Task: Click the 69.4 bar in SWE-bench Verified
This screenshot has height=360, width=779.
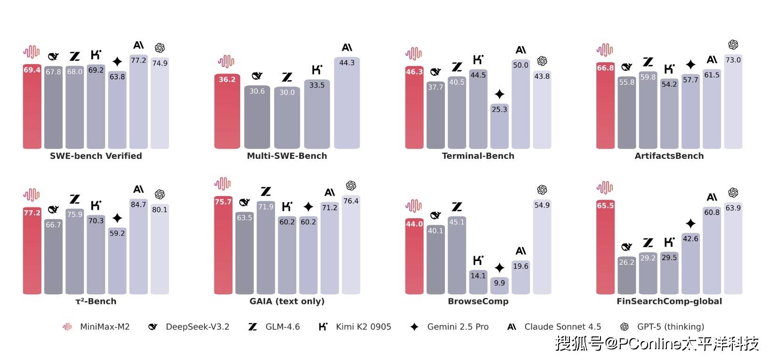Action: (32, 108)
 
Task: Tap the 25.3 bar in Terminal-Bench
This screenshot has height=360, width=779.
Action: (499, 127)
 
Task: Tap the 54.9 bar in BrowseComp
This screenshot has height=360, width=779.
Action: (542, 247)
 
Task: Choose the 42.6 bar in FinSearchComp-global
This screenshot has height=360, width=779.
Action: (690, 264)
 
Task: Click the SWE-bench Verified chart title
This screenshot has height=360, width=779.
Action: (96, 156)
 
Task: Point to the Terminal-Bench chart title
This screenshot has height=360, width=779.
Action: (478, 156)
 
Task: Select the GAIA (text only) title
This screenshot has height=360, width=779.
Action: (287, 301)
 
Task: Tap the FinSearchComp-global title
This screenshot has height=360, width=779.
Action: (669, 301)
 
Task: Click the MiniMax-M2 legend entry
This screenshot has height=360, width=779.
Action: (97, 327)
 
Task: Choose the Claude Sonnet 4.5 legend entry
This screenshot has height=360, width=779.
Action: (554, 327)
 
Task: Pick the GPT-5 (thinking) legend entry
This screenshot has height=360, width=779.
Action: (662, 327)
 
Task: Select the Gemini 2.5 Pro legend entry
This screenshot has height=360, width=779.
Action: (450, 327)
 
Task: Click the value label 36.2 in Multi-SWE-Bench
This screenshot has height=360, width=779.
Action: (227, 80)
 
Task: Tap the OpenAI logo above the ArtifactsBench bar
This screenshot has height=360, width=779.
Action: (733, 45)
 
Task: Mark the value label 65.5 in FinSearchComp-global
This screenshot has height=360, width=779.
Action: (605, 206)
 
